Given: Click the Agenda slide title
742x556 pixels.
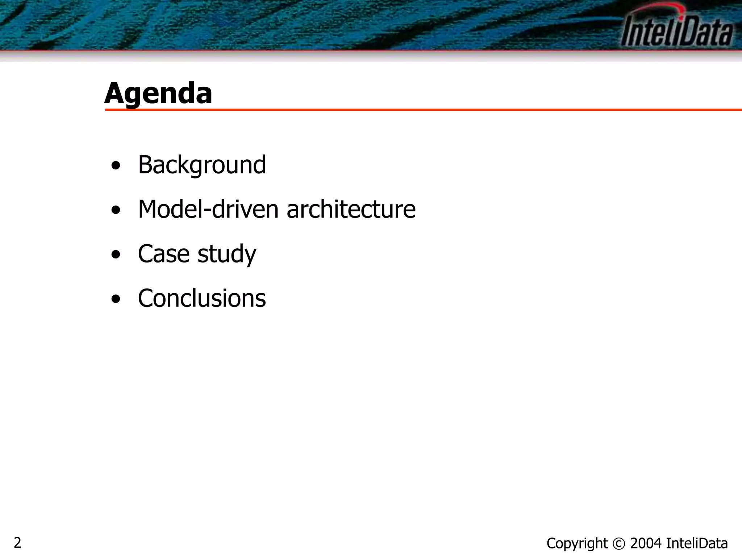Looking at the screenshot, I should [x=158, y=93].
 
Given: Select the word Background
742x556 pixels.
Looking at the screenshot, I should [x=202, y=165].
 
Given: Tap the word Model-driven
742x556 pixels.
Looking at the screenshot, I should [x=208, y=209].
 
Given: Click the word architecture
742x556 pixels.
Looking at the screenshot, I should [x=351, y=209].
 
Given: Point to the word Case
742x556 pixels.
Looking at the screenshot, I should [x=164, y=253].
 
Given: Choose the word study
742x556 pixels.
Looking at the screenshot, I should [x=227, y=254].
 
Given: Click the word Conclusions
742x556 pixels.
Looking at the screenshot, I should [x=202, y=298].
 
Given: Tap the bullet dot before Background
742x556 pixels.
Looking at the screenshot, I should [x=116, y=166].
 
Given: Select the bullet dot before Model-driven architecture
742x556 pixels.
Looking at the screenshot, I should [x=116, y=210].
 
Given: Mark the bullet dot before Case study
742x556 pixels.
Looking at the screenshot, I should [x=116, y=254].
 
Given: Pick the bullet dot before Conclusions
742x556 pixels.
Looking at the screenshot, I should [x=116, y=299].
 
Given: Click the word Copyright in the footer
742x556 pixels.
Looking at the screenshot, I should [x=577, y=543].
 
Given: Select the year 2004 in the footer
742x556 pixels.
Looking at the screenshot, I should [x=646, y=543].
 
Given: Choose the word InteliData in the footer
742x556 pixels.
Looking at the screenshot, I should [x=697, y=543].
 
